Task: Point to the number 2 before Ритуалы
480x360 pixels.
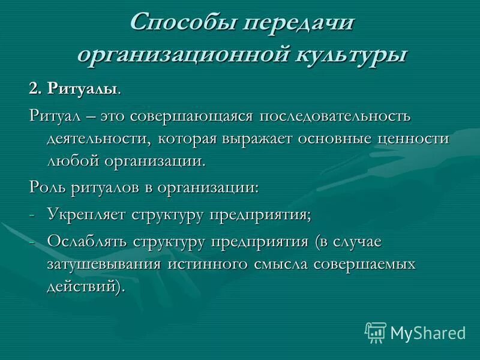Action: tap(34, 89)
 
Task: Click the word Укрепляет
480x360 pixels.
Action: tap(85, 214)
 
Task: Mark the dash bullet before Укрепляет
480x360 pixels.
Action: tap(32, 215)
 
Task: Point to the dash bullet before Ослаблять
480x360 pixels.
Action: tap(32, 241)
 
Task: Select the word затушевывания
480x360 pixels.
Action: tap(101, 264)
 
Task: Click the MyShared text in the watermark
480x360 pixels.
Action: tap(428, 332)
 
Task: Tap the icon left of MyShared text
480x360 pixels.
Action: tap(376, 332)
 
